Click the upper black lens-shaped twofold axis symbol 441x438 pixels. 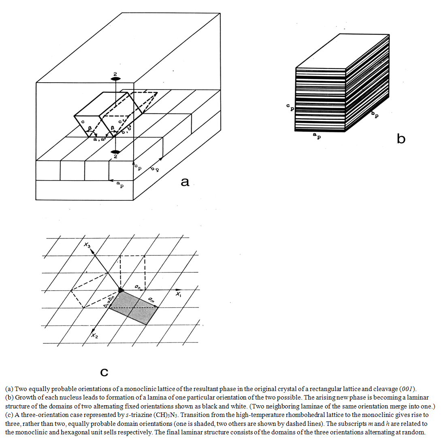(115, 79)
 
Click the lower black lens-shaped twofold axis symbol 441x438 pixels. (115, 152)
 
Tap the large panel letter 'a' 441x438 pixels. (185, 182)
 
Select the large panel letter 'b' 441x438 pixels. (401, 138)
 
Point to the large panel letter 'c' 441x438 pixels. (104, 372)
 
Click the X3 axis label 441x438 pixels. (87, 245)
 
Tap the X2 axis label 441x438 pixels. (94, 335)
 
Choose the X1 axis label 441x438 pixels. (179, 294)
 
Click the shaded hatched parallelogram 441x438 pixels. (133, 308)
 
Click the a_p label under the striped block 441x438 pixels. (317, 136)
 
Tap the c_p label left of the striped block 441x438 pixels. (290, 107)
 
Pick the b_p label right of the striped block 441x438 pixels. (375, 114)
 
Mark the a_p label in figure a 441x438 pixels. (120, 185)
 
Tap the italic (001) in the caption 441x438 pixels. (407, 389)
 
